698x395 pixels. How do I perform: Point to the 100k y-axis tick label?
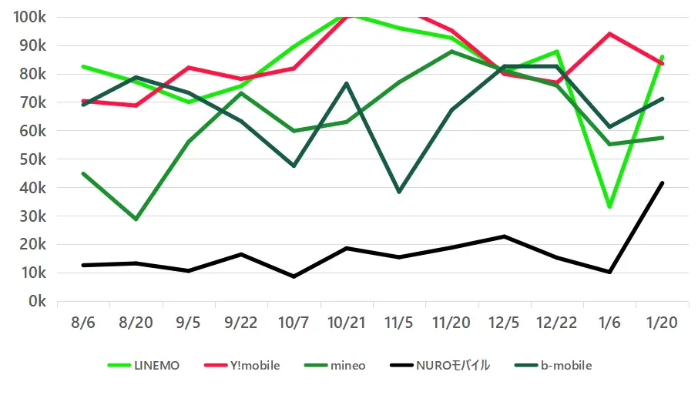pos(30,17)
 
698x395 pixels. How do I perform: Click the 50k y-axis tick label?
pos(34,159)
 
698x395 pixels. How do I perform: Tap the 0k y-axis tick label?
pos(38,302)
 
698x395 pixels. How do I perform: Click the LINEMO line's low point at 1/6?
pos(609,207)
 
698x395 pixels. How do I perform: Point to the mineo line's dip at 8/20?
pos(136,219)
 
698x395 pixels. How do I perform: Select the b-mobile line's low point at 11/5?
pos(398,192)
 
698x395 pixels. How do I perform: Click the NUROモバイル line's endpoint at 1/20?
pos(662,183)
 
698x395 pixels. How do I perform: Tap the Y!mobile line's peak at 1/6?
pos(609,34)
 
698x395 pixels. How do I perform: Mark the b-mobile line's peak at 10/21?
pos(346,83)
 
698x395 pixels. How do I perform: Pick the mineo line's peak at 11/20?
pos(451,52)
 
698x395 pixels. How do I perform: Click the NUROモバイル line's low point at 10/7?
pos(294,276)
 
